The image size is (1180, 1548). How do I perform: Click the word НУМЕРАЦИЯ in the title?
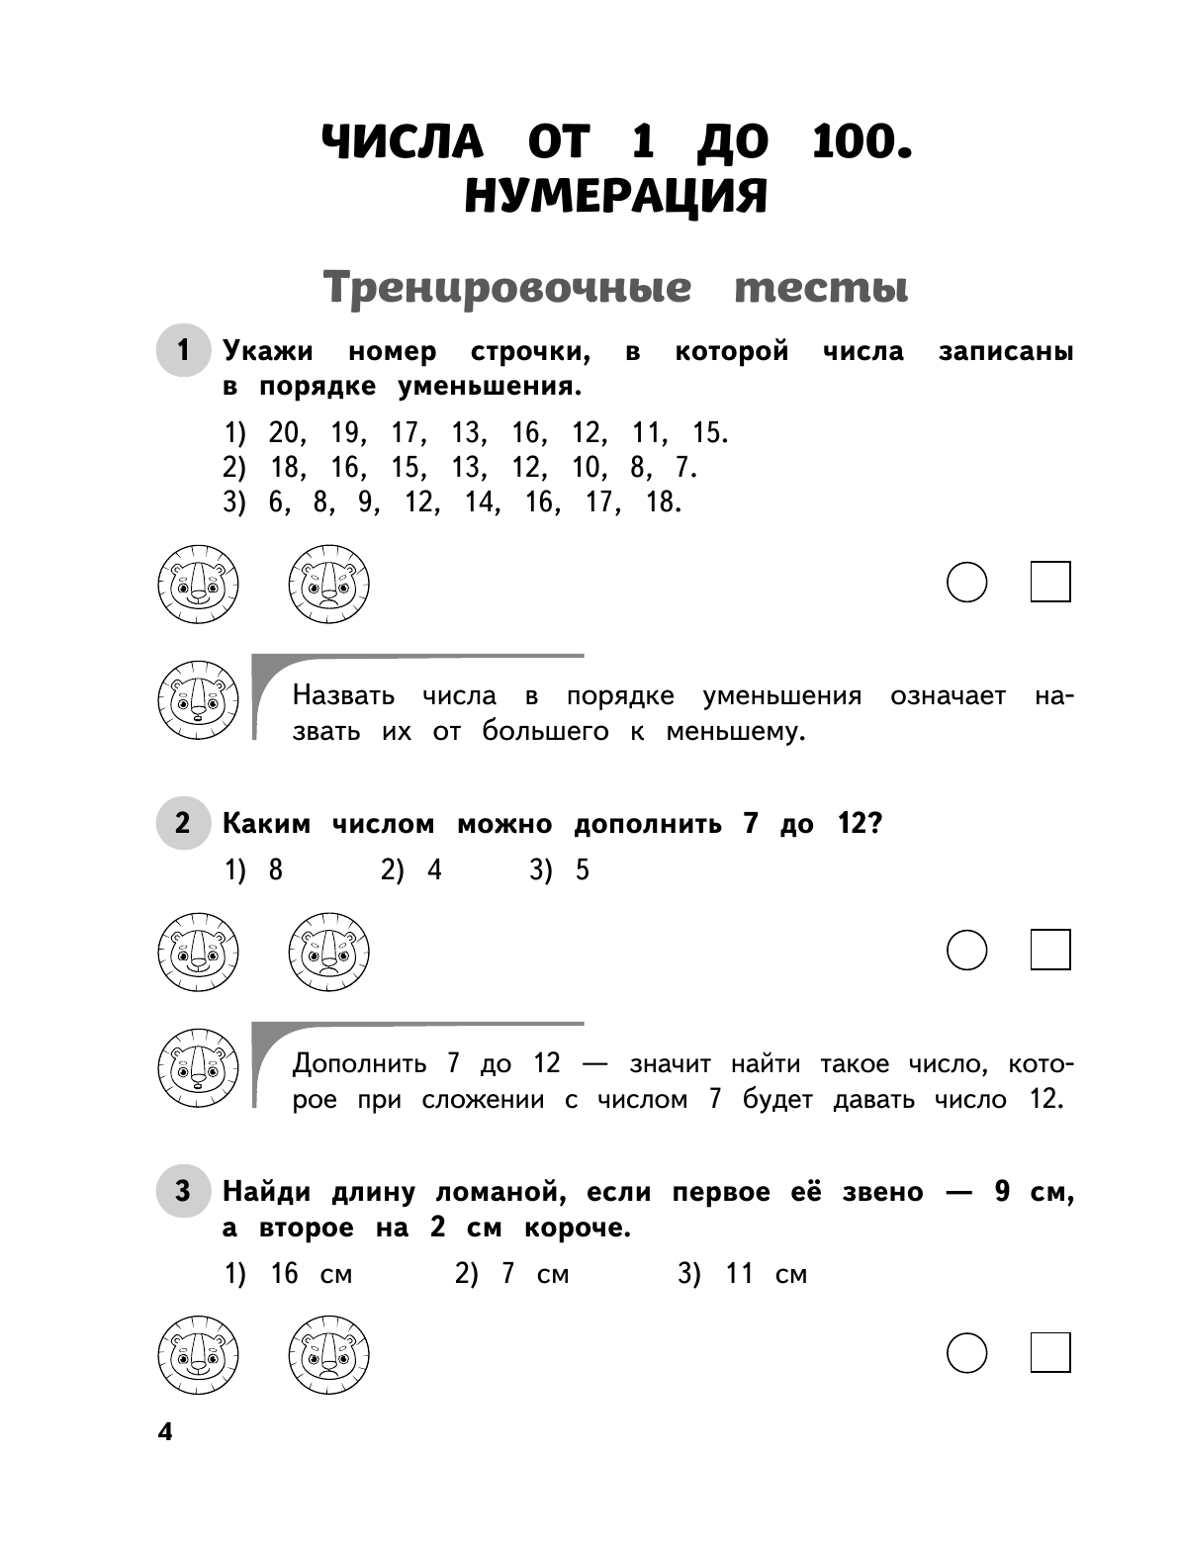click(615, 196)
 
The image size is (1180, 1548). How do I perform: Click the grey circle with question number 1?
click(183, 350)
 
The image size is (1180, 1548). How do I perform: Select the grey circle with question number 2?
click(183, 823)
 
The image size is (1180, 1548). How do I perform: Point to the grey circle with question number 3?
click(183, 1191)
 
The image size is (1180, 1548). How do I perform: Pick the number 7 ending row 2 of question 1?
click(684, 468)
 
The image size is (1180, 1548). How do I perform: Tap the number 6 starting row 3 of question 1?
click(276, 502)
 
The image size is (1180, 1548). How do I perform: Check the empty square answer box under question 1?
click(1050, 583)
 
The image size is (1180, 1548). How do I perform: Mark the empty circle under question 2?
click(966, 951)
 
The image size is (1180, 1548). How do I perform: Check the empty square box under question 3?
click(1050, 1353)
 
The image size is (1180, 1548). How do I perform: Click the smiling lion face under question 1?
click(198, 584)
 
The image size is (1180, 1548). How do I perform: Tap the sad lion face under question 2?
click(328, 953)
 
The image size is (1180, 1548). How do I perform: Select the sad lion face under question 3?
click(328, 1355)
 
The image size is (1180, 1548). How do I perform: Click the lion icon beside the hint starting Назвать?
click(198, 701)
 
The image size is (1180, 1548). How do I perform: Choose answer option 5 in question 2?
click(582, 870)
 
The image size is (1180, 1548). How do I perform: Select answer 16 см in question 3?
click(311, 1274)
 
